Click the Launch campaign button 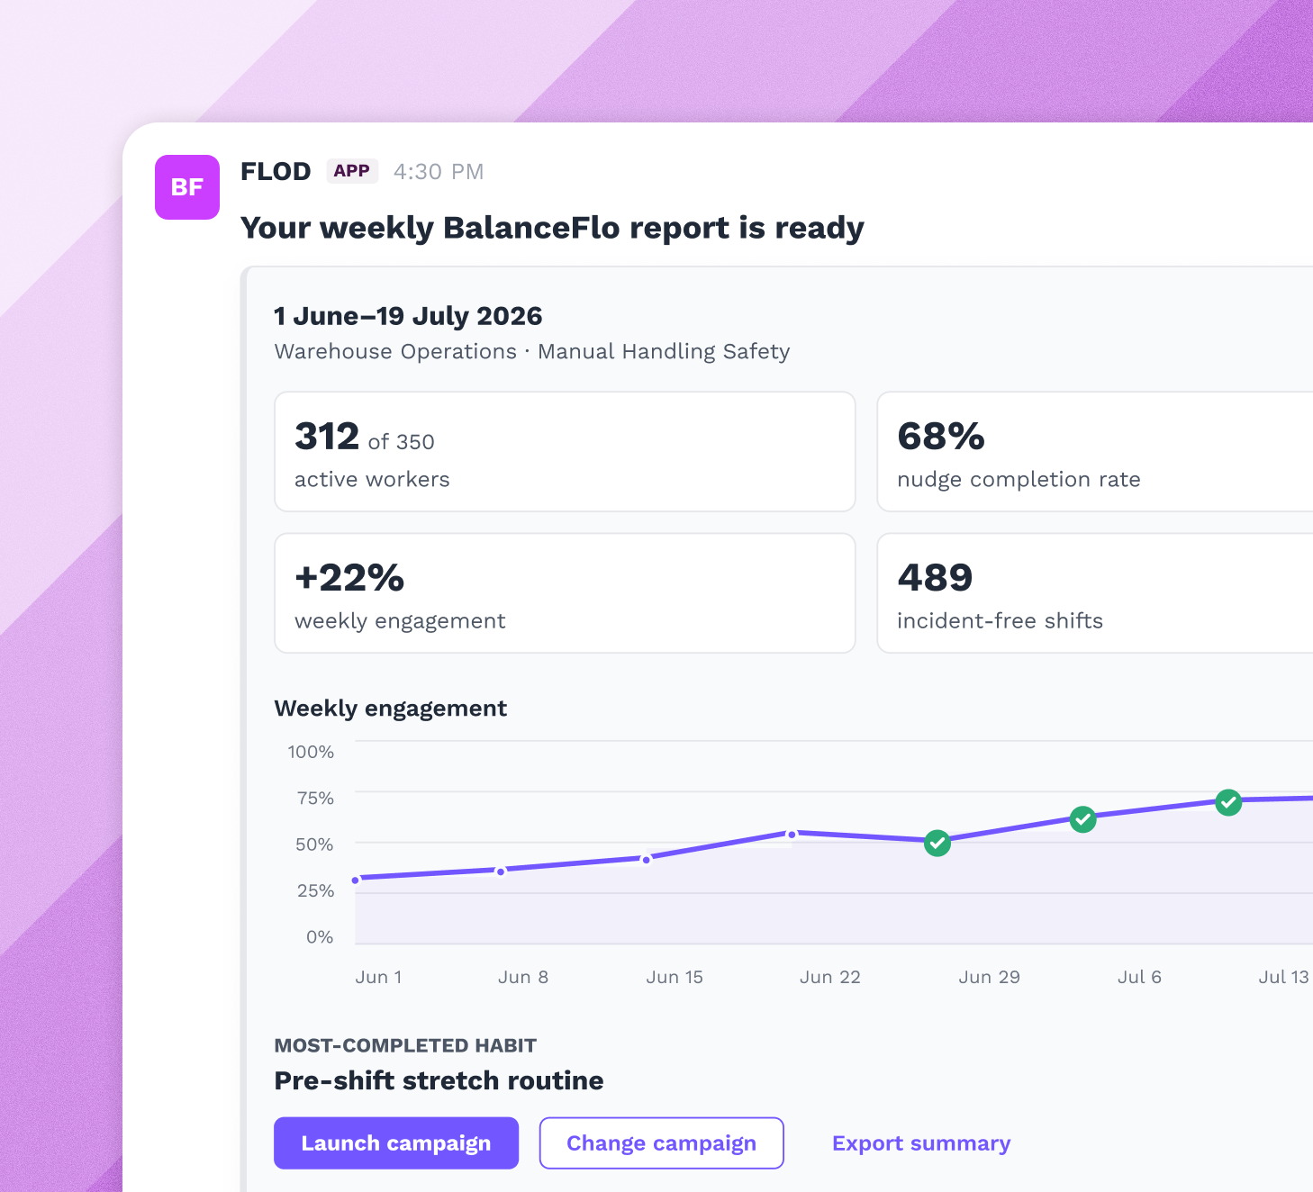click(396, 1142)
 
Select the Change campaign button click(661, 1142)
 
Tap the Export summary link click(921, 1142)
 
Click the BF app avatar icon click(187, 187)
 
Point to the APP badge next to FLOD click(352, 171)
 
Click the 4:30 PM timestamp click(439, 171)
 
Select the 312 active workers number click(327, 436)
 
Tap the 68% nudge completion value click(940, 436)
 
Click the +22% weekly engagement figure click(349, 577)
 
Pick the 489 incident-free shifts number click(935, 577)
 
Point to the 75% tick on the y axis click(315, 798)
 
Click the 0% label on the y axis click(320, 936)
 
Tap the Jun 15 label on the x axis click(675, 977)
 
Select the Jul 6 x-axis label click(1139, 977)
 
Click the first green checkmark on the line click(937, 843)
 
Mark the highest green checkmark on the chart click(1228, 802)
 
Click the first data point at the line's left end click(356, 880)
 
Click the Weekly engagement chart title click(390, 709)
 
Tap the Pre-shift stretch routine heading click(439, 1080)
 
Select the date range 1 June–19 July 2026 click(408, 316)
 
